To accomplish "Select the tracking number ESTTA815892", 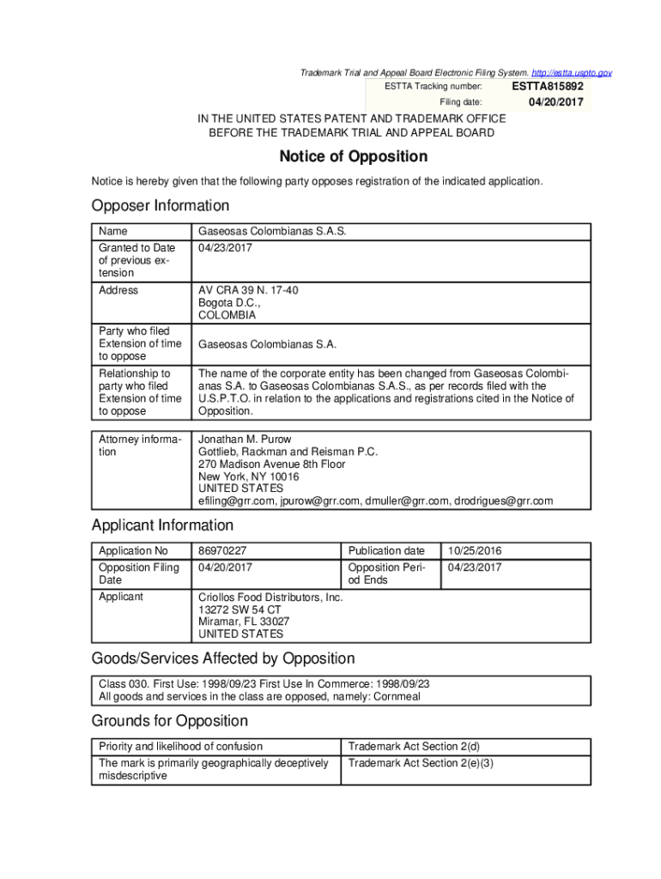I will (548, 87).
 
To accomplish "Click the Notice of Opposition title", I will (353, 157).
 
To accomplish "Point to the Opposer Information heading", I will (161, 206).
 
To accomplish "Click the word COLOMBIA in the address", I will (227, 316).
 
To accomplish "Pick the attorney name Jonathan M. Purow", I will (245, 439).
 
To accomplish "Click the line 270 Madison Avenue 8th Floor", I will (272, 464).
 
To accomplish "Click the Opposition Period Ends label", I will (385, 573).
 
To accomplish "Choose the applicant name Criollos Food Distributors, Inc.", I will (270, 597).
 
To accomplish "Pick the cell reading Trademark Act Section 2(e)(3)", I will (420, 763).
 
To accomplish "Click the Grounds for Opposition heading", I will (170, 721).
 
